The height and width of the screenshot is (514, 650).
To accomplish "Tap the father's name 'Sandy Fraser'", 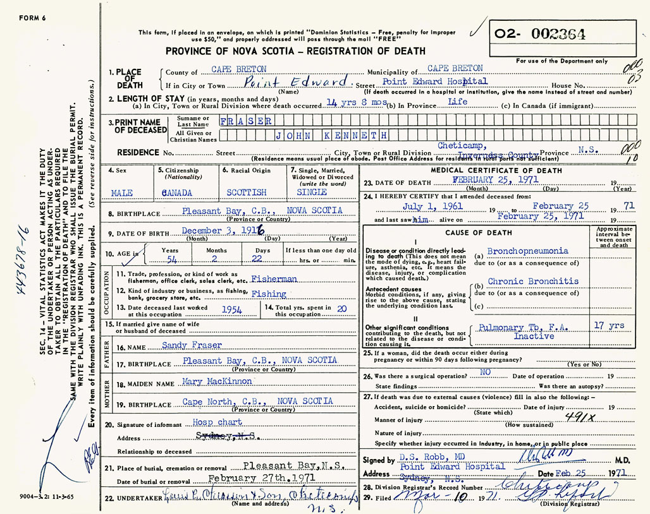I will click(192, 345).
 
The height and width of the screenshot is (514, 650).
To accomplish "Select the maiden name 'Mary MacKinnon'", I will click(214, 381).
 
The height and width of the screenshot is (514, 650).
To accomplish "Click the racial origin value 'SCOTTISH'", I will click(247, 192).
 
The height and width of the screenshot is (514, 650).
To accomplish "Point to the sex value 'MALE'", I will click(122, 192).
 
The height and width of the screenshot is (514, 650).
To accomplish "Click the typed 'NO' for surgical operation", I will click(485, 373).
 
